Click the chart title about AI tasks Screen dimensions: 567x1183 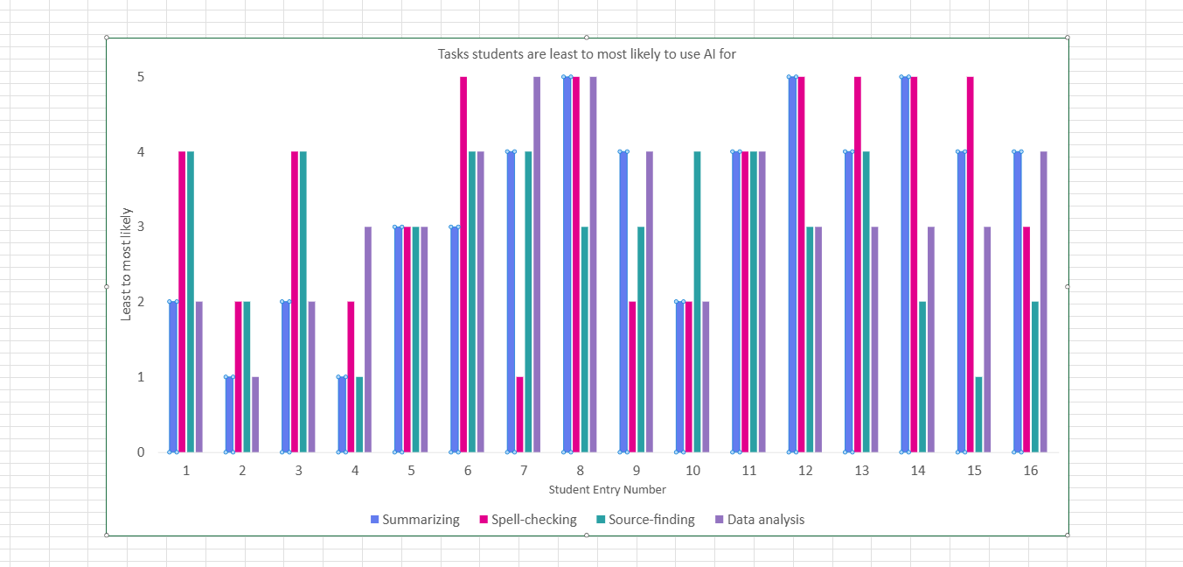click(587, 54)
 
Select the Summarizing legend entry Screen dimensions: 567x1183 click(421, 520)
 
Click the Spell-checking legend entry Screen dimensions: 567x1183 click(533, 520)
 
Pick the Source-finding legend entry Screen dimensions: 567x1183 click(652, 520)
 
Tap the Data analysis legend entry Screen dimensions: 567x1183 click(765, 520)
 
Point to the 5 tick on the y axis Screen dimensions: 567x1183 click(140, 77)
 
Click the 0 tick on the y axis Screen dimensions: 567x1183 click(140, 452)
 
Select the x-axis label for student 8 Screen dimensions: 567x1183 click(581, 471)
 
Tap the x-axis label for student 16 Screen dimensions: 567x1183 click(1031, 471)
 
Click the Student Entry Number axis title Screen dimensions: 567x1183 click(608, 490)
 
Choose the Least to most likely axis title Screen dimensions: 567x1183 click(126, 264)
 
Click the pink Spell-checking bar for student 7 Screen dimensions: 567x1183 click(519, 415)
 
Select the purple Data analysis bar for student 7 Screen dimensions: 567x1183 click(537, 264)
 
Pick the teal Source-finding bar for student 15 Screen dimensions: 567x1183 click(978, 415)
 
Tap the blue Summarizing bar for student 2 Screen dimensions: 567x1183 click(229, 415)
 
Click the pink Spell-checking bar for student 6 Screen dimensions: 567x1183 click(463, 264)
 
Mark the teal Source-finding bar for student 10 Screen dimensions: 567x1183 click(697, 302)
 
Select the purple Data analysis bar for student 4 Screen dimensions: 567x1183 click(368, 339)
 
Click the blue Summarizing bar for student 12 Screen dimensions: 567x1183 click(792, 264)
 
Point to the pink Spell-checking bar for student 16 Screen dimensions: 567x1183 click(1026, 339)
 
